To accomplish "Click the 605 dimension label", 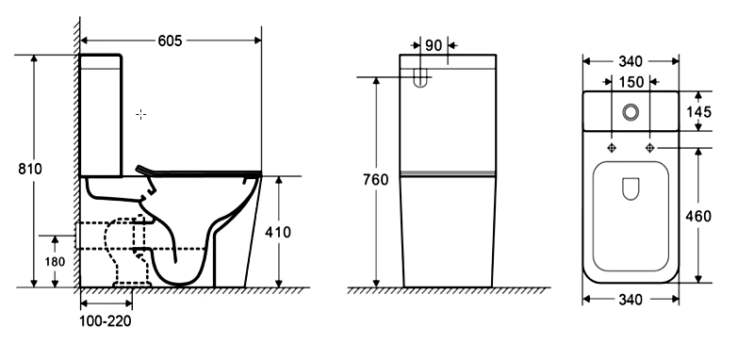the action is point(171,41).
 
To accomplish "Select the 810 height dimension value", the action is point(30,170).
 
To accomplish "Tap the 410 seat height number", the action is point(278,232).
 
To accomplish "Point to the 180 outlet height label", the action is point(55,262).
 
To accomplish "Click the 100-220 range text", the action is point(105,320).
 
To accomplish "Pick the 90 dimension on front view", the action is point(434,45).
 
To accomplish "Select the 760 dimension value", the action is point(375,180).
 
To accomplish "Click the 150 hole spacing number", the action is point(631,82).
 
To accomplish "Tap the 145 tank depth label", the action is point(697,112).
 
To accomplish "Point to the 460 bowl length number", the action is point(697,217).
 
